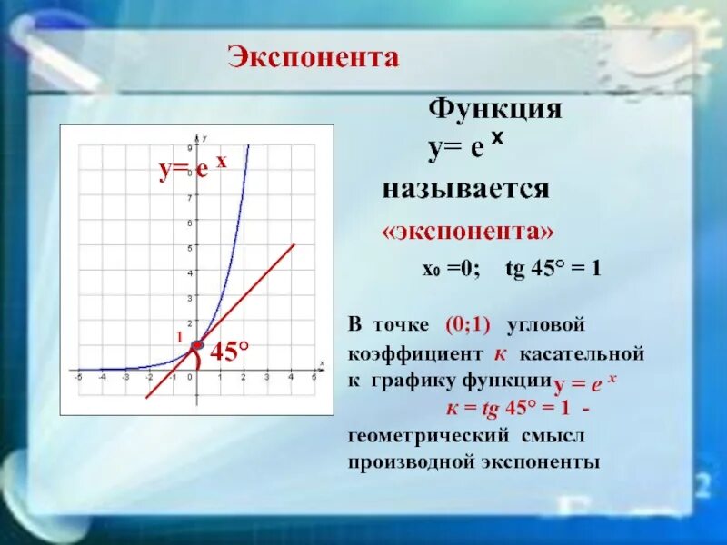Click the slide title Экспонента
pos(313,58)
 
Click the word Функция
pos(494,111)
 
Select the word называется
pos(465,190)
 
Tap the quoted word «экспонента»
pos(467,232)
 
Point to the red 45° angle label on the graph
pos(230,351)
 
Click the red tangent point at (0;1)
pos(197,345)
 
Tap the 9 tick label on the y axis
pos(189,147)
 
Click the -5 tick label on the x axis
pos(79,377)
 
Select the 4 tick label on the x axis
pos(291,377)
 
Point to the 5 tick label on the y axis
pos(189,247)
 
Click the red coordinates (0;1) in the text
pos(468,325)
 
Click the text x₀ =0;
pos(443,270)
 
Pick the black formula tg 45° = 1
pos(553,270)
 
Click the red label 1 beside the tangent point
pos(180,337)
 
